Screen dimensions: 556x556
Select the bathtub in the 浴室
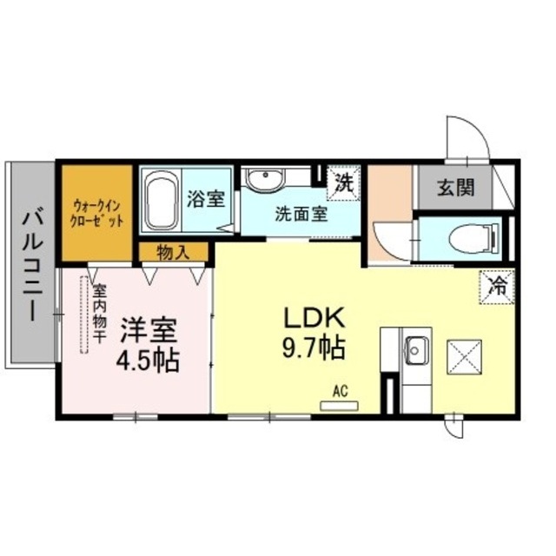pyautogui.click(x=160, y=201)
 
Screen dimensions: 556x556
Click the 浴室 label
pyautogui.click(x=207, y=199)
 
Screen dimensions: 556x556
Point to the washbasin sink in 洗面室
pyautogui.click(x=263, y=180)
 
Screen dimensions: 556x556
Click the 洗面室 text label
pyautogui.click(x=301, y=214)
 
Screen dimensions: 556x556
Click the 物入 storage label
pyautogui.click(x=175, y=252)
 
